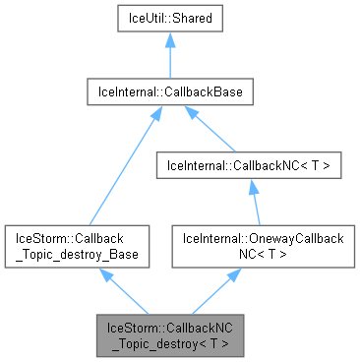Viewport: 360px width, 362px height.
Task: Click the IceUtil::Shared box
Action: tap(170, 19)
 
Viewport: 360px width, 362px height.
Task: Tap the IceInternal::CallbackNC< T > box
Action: tap(255, 166)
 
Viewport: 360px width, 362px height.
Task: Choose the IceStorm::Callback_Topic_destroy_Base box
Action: tap(78, 246)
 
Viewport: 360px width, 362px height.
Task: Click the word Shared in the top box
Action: tap(193, 19)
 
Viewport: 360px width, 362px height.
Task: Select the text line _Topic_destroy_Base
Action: tap(78, 254)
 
